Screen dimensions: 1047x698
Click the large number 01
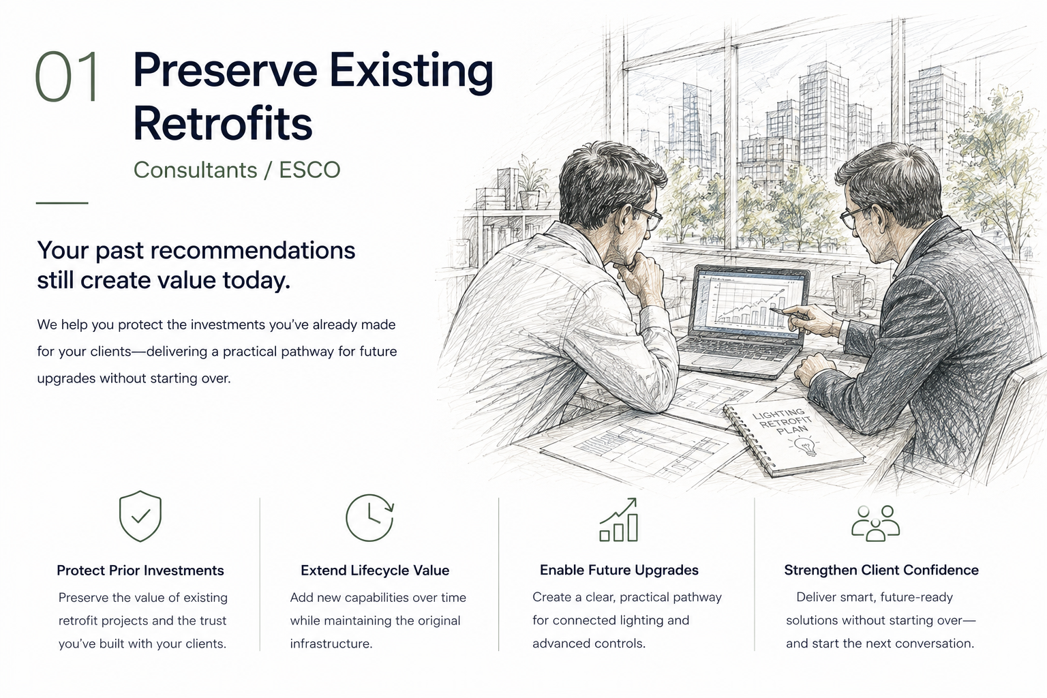pyautogui.click(x=67, y=76)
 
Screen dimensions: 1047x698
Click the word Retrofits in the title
pyautogui.click(x=222, y=123)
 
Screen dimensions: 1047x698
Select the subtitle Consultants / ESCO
pyautogui.click(x=237, y=170)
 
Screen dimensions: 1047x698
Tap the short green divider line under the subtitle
pyautogui.click(x=62, y=203)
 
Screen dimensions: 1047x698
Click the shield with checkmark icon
pyautogui.click(x=140, y=516)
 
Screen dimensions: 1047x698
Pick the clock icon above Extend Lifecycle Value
pyautogui.click(x=369, y=517)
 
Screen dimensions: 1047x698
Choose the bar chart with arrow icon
pyautogui.click(x=619, y=520)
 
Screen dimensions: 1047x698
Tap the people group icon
pyautogui.click(x=875, y=523)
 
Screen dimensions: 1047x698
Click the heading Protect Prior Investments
pyautogui.click(x=140, y=571)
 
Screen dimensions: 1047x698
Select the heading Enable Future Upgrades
pyautogui.click(x=620, y=570)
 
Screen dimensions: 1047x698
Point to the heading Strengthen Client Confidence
pyautogui.click(x=881, y=570)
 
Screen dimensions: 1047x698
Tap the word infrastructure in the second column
pyautogui.click(x=331, y=643)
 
